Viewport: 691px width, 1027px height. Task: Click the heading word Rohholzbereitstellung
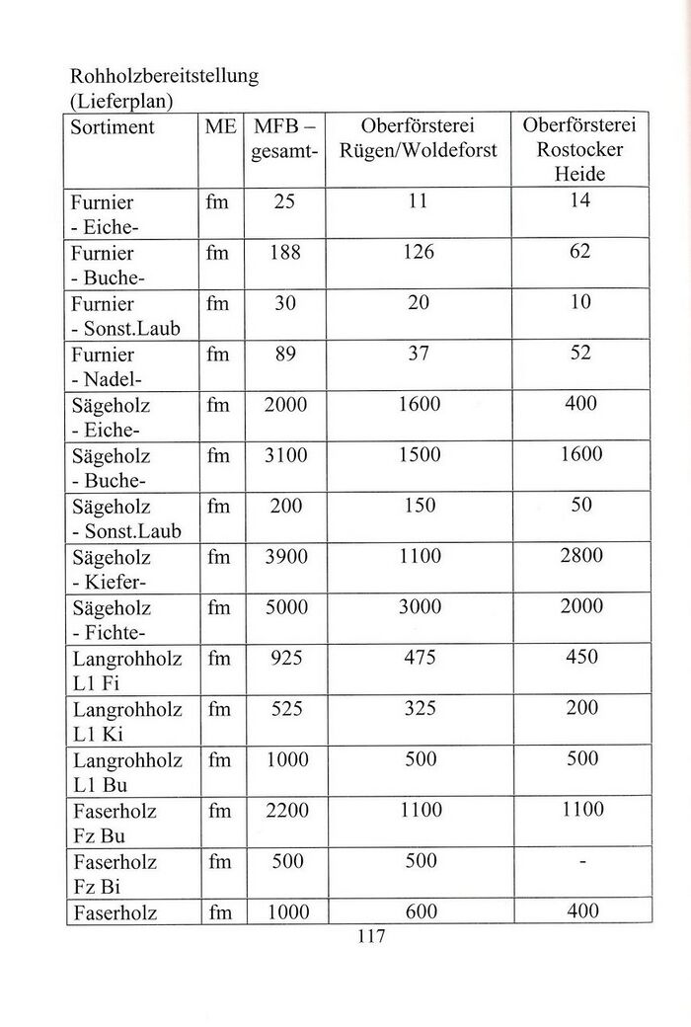tap(163, 76)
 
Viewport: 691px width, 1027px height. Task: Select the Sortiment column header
tap(113, 127)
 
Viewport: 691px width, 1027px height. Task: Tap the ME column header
tap(221, 127)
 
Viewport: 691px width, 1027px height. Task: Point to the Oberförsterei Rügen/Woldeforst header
tap(418, 139)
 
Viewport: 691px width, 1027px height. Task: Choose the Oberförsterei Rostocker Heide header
tap(579, 150)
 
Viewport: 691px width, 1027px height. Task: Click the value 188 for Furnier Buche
tap(284, 252)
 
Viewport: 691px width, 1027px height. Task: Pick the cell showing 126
tap(418, 252)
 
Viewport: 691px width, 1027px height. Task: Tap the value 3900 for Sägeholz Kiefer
tap(286, 557)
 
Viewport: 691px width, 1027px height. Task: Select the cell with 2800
tap(580, 557)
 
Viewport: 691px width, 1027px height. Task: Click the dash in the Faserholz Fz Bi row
tap(582, 863)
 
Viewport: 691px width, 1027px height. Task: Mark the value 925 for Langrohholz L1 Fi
tap(285, 659)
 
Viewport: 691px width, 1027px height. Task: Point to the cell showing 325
tap(419, 709)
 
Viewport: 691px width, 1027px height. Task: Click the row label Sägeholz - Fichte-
tap(113, 619)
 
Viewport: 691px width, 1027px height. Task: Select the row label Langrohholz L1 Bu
tap(127, 772)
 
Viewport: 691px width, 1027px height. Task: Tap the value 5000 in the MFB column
tap(286, 607)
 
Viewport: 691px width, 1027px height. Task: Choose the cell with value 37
tap(419, 354)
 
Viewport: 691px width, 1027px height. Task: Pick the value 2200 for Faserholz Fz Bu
tap(286, 812)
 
